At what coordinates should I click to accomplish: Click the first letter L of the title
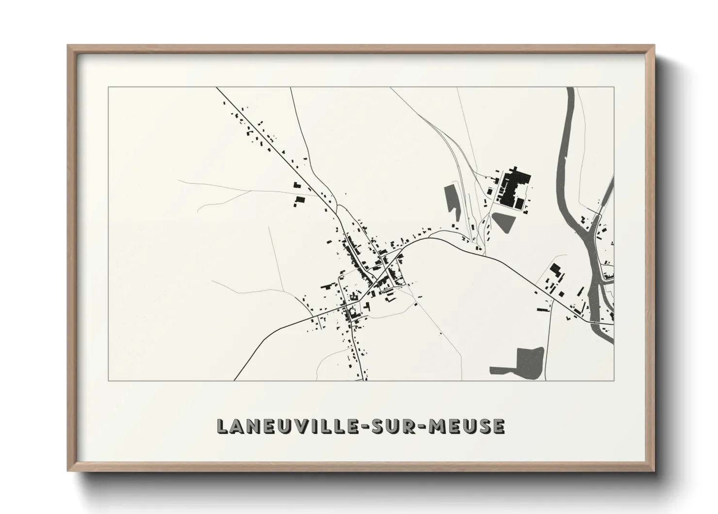point(222,426)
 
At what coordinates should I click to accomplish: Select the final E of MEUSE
point(499,426)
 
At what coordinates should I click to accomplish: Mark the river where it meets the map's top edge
point(571,88)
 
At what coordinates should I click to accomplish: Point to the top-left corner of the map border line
point(108,87)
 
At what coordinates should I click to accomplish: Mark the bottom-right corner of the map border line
point(614,380)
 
